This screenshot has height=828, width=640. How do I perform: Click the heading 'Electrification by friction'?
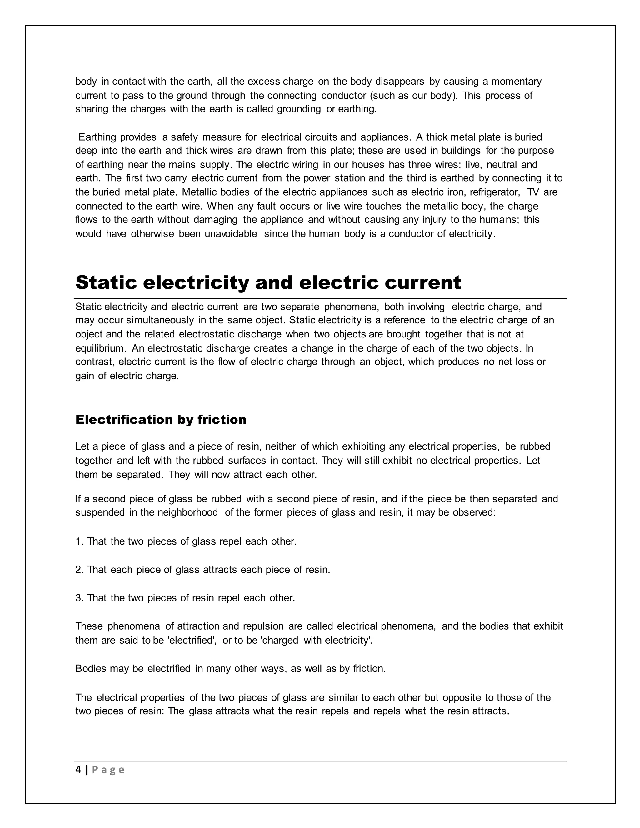click(161, 420)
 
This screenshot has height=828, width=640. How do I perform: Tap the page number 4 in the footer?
click(78, 770)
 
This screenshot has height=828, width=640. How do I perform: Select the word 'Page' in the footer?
click(108, 770)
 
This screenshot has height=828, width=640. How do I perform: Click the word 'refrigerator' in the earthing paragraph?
click(494, 192)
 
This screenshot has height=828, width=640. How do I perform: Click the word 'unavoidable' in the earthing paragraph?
click(231, 234)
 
